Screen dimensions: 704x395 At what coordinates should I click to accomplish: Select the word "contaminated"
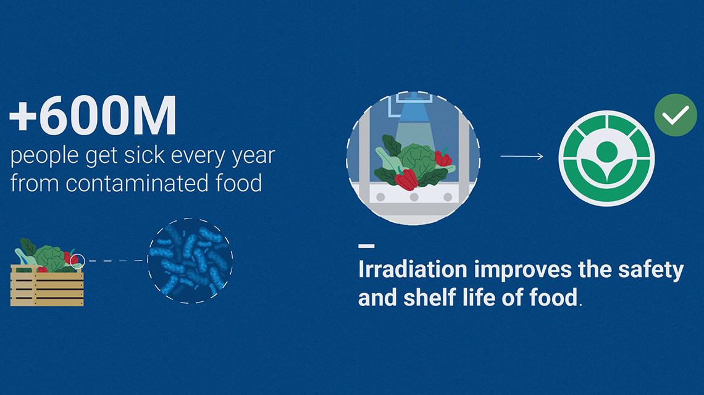coord(137,183)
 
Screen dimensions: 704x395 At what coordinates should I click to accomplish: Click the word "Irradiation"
coord(413,269)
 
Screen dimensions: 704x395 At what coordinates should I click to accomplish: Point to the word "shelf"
coord(429,297)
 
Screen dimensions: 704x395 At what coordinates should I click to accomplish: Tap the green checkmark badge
coord(675,115)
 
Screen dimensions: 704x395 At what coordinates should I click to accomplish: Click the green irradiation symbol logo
coord(606,158)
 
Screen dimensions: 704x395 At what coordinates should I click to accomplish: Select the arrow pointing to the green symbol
coord(522,156)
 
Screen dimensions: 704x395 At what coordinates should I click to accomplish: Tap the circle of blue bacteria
coord(190,261)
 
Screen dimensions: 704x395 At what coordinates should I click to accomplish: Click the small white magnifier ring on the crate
coord(77,261)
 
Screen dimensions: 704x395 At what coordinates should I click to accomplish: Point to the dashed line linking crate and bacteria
coord(116,261)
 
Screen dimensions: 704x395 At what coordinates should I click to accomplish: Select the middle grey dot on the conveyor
coord(414,197)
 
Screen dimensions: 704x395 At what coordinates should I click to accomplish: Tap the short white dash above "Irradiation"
coord(366,246)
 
